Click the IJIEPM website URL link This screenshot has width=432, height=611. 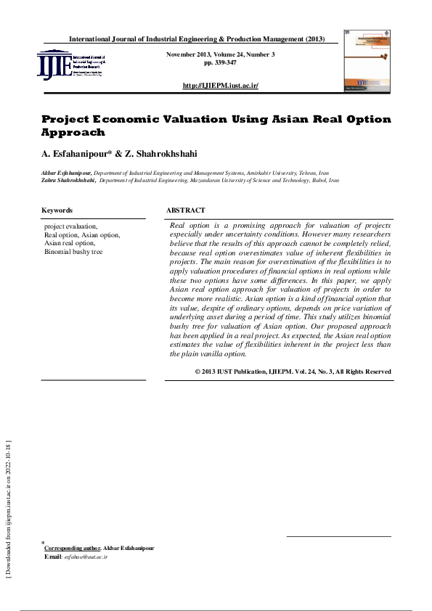221,86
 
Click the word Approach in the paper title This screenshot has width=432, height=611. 73,133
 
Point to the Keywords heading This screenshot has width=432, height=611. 57,210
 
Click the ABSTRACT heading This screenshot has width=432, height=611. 186,210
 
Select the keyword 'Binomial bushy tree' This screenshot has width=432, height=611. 73,252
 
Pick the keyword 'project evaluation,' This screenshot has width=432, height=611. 71,227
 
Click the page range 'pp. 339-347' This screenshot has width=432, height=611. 221,63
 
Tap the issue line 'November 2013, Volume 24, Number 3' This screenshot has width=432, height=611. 221,55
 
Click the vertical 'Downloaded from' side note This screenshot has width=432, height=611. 9,508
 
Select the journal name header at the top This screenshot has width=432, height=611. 197,38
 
